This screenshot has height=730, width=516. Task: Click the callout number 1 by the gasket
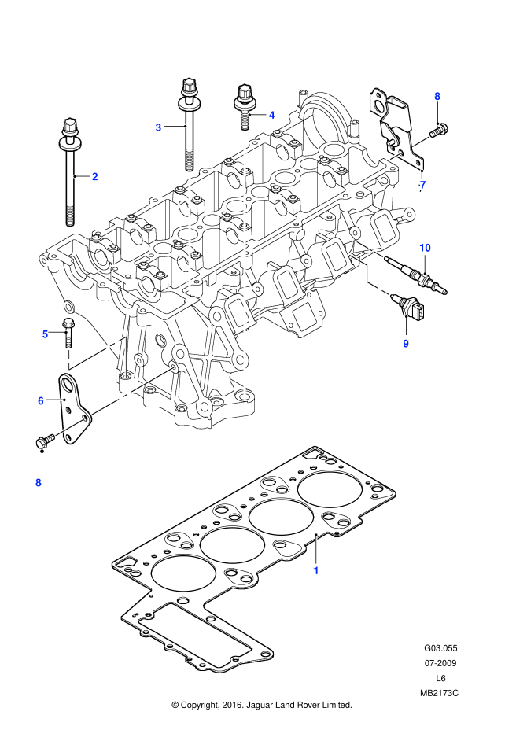[316, 570]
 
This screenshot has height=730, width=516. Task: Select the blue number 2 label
[95, 176]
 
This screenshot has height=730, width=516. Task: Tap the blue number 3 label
[158, 127]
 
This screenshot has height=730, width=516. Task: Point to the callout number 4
[271, 115]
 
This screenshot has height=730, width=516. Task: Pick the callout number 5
[46, 334]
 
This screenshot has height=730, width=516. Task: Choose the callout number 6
[41, 401]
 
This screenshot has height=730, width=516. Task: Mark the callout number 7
[422, 185]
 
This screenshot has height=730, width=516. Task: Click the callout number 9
[406, 344]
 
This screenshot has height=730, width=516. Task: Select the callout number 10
[425, 248]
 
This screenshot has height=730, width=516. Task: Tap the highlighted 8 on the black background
[38, 482]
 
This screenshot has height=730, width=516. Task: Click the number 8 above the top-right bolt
[437, 97]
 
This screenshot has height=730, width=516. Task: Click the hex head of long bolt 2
[70, 126]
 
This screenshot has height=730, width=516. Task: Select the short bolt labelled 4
[244, 105]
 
